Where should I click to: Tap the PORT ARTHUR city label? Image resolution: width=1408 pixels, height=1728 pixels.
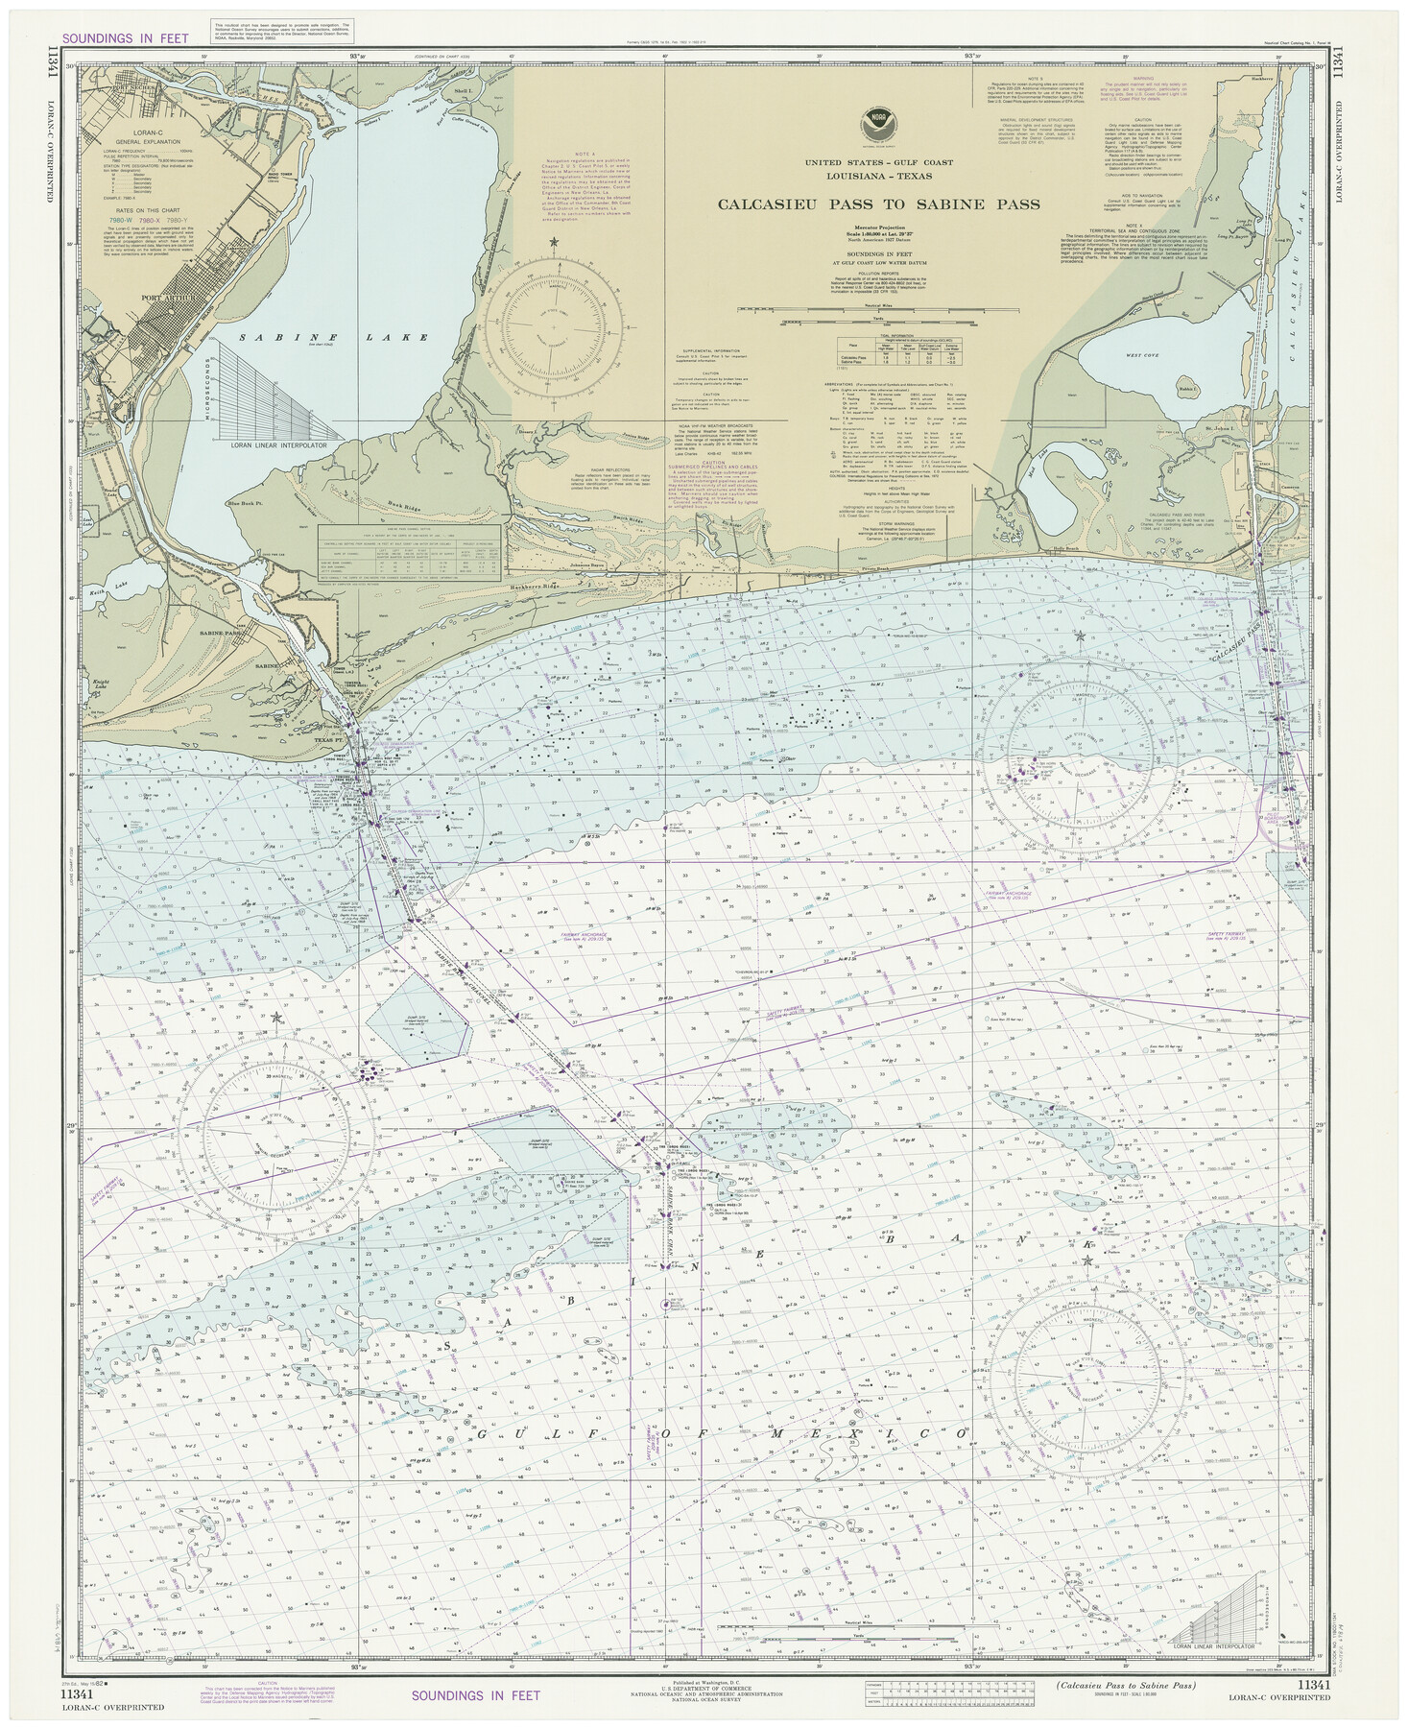[x=168, y=299]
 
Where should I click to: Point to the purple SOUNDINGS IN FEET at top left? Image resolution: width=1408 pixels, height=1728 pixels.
[x=124, y=39]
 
